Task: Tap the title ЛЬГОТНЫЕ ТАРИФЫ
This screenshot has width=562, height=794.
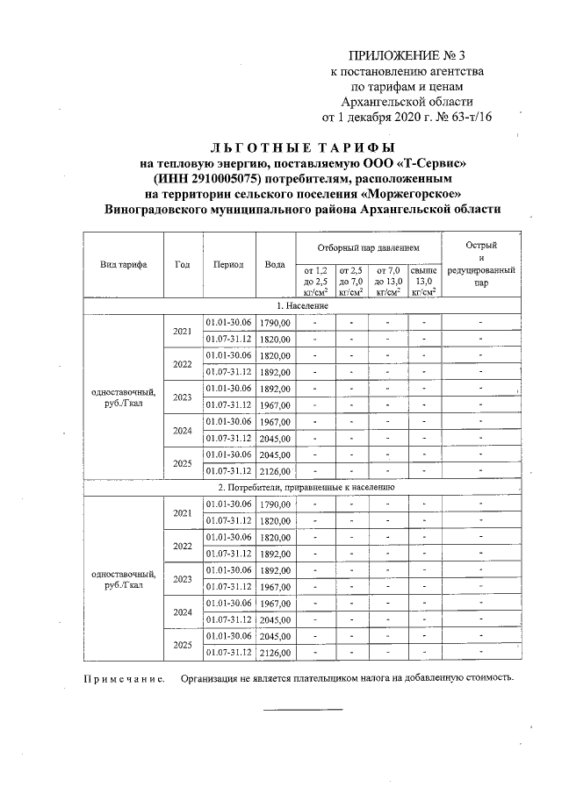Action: pos(303,147)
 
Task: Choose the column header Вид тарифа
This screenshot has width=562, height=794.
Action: pos(123,264)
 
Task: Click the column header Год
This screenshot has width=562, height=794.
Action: pos(183,264)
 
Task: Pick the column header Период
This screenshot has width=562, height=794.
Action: pos(228,264)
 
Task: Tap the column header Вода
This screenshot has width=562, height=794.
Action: pos(275,264)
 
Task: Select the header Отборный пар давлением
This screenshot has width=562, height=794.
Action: pos(368,248)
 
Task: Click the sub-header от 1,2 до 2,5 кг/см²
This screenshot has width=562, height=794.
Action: pos(314,281)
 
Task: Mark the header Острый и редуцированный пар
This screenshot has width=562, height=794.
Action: pos(481,264)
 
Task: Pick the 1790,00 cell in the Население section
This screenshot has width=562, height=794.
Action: pos(275,323)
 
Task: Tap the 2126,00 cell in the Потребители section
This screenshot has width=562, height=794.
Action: pos(275,653)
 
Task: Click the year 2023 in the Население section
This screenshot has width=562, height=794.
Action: pos(183,397)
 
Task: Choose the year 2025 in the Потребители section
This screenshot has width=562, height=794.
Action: pos(183,644)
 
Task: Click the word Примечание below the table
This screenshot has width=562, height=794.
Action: pos(124,678)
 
